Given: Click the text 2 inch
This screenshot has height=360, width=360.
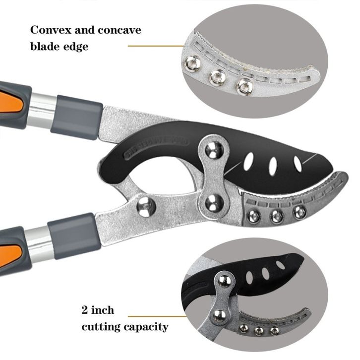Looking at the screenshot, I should (97, 310).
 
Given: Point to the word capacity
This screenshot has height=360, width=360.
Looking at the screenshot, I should (146, 327).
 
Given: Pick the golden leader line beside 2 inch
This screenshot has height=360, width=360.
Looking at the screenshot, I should (154, 315).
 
